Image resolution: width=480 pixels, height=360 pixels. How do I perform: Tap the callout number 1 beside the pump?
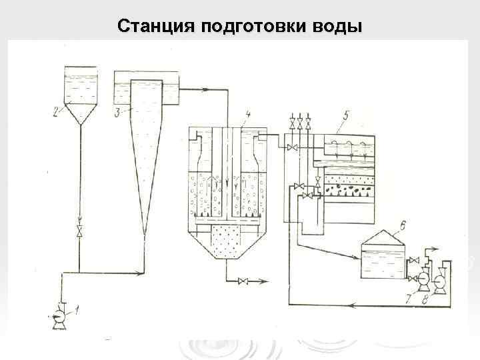pos(77,309)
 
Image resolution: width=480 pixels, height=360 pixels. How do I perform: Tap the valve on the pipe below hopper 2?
pos(80,232)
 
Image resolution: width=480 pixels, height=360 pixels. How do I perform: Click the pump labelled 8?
pos(439,283)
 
